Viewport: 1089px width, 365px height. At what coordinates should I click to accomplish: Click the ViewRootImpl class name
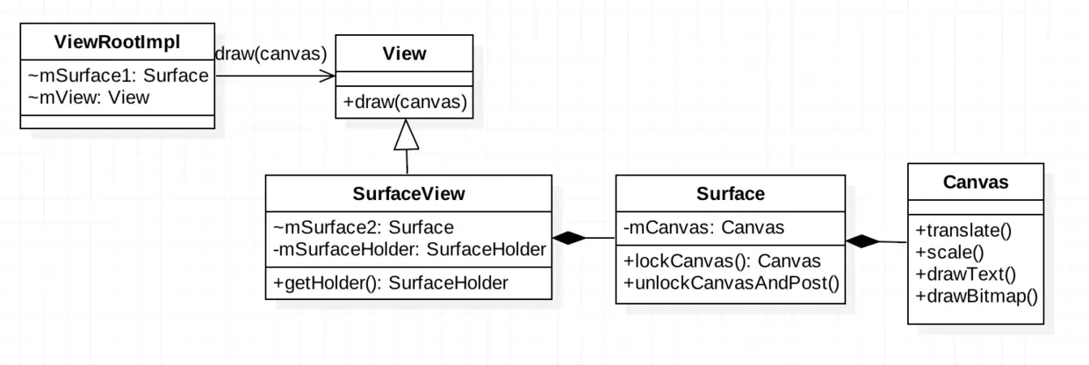pyautogui.click(x=117, y=42)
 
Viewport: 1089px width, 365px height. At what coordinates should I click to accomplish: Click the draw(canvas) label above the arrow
pyautogui.click(x=271, y=54)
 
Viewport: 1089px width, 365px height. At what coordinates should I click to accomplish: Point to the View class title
pyautogui.click(x=404, y=54)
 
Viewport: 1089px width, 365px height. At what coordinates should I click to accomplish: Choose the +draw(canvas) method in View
pyautogui.click(x=404, y=103)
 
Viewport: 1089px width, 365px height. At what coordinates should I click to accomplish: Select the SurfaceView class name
pyautogui.click(x=408, y=193)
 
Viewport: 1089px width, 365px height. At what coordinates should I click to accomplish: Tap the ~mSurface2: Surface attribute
pyautogui.click(x=364, y=227)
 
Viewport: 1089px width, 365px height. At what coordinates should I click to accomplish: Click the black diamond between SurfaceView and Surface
pyautogui.click(x=569, y=238)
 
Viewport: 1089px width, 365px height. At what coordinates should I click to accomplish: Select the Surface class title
pyautogui.click(x=730, y=193)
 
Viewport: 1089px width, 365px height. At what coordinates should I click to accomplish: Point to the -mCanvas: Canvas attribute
pyautogui.click(x=703, y=228)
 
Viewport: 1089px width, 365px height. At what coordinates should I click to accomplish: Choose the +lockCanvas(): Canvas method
pyautogui.click(x=721, y=261)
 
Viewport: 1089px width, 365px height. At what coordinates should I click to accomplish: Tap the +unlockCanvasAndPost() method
pyautogui.click(x=731, y=282)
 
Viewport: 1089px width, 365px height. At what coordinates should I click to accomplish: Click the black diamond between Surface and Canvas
pyautogui.click(x=862, y=241)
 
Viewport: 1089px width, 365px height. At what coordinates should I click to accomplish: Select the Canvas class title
pyautogui.click(x=975, y=182)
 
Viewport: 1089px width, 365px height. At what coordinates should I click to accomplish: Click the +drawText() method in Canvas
pyautogui.click(x=964, y=274)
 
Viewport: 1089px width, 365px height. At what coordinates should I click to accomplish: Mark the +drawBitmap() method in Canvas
pyautogui.click(x=976, y=295)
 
